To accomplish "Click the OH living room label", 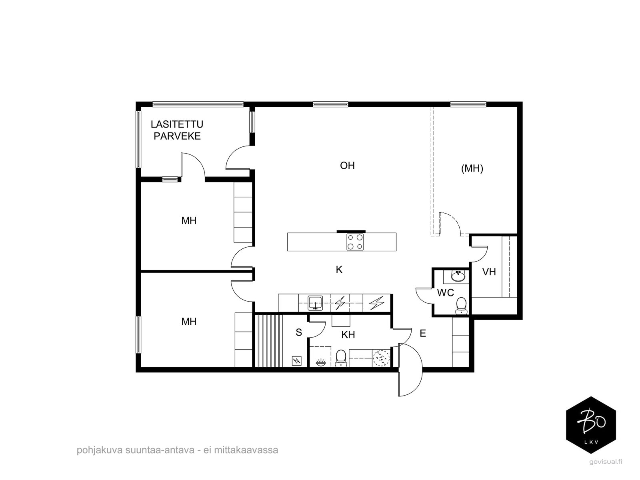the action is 347,166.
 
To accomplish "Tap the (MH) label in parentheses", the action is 472,168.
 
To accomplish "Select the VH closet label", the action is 489,272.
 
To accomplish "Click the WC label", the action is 446,293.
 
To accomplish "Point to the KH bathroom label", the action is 348,335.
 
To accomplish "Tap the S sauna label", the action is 299,332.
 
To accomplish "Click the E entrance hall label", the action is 423,333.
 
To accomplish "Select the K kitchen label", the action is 339,270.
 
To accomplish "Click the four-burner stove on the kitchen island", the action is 355,242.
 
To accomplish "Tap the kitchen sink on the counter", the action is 315,303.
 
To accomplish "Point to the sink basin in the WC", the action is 458,276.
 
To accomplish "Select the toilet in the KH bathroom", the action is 340,358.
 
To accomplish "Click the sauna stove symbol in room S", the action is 297,361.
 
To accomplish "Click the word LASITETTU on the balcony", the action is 177,124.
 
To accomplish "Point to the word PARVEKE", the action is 177,136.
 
